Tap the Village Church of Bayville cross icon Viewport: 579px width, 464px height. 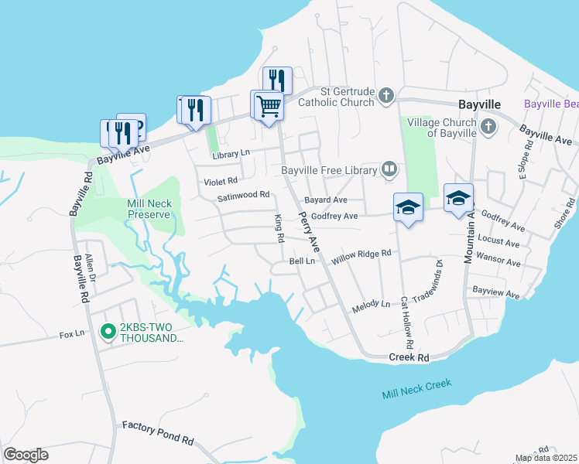click(x=488, y=126)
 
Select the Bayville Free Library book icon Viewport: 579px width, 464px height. click(x=389, y=169)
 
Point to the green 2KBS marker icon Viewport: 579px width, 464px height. click(x=108, y=332)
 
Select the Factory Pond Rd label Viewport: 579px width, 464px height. click(x=158, y=432)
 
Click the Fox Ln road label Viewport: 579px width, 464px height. click(x=71, y=335)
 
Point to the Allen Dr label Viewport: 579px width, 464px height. click(x=90, y=266)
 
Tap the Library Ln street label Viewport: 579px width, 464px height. click(x=233, y=155)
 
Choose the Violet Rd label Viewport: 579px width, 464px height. click(x=221, y=181)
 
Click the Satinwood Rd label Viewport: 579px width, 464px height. click(x=243, y=196)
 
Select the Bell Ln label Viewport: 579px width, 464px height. click(x=302, y=262)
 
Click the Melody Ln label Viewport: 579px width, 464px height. click(x=371, y=304)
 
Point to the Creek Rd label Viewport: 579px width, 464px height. click(x=408, y=358)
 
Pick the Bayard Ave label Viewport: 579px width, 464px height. click(x=325, y=200)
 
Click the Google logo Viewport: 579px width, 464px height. click(x=26, y=454)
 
